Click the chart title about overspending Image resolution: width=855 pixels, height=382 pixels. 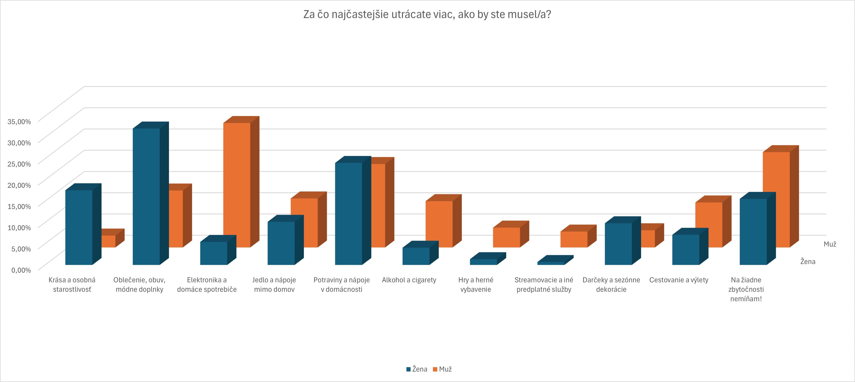coord(427,15)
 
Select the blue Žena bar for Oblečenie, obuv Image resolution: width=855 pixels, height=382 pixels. coord(146,196)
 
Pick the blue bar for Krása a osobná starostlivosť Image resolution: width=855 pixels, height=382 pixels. coord(79,227)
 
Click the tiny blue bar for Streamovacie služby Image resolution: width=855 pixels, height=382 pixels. coord(551,263)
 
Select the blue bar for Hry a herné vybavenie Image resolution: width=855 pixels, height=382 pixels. coord(483,262)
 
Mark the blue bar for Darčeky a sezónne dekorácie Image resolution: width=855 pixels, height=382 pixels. coord(618,244)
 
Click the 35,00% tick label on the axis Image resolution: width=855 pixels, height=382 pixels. coord(19,122)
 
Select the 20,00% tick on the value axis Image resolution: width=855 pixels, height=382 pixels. coord(19,185)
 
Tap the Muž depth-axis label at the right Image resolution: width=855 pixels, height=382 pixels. coord(830,244)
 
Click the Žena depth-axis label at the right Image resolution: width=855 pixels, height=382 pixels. coord(807,262)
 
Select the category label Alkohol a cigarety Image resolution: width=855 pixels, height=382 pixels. coord(409,280)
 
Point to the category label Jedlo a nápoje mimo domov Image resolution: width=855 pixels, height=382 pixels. coord(274,284)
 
